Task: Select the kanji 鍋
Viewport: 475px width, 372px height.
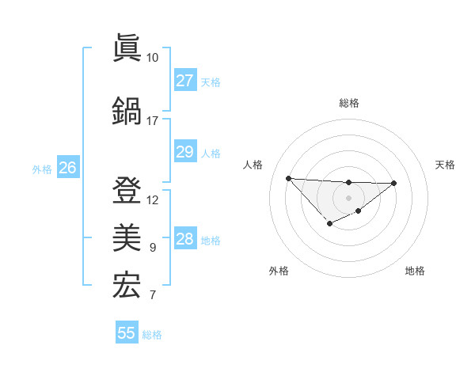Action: (x=127, y=110)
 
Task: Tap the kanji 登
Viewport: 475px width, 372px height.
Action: (x=127, y=190)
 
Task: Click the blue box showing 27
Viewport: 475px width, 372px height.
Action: (x=184, y=81)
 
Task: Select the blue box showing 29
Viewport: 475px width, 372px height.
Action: (x=184, y=152)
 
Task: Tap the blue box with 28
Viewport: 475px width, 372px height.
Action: (x=184, y=239)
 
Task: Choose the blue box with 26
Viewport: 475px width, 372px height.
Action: (x=67, y=168)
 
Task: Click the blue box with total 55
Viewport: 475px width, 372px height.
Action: (x=127, y=333)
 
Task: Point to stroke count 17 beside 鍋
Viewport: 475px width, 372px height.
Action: (x=152, y=120)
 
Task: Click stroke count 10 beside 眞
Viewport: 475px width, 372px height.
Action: (x=152, y=58)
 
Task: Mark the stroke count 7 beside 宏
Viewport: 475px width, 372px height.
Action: (x=152, y=296)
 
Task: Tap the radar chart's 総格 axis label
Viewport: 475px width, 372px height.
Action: (x=348, y=103)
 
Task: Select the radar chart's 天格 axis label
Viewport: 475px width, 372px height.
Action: (x=445, y=165)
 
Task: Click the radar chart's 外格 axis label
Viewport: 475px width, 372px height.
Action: (x=278, y=271)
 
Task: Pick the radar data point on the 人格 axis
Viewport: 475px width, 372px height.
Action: (x=288, y=178)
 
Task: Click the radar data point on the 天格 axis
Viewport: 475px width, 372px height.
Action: (x=394, y=183)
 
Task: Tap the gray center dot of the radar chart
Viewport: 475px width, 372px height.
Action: (x=348, y=198)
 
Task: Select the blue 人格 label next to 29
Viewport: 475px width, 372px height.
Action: (x=211, y=153)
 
